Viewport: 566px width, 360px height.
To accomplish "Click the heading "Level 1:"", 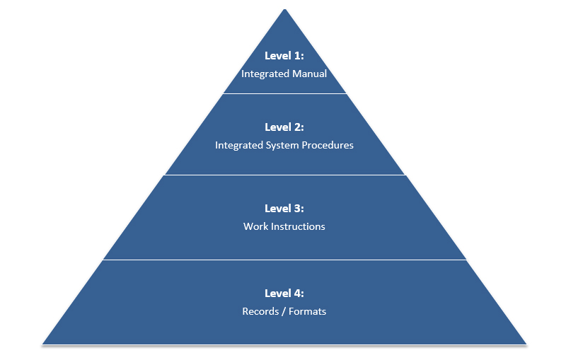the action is click(284, 56).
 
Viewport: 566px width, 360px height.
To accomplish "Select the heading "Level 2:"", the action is click(284, 127).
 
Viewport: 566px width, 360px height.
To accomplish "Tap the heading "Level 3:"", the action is click(284, 208).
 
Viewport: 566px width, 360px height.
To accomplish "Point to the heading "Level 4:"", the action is click(284, 294).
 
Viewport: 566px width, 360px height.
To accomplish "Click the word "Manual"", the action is click(309, 74).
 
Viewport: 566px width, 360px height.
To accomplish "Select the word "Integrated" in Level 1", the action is click(265, 74).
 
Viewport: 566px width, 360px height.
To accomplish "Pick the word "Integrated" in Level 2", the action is click(239, 146).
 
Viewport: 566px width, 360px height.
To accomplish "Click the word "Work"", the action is click(255, 226).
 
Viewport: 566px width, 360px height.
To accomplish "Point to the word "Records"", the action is click(260, 311).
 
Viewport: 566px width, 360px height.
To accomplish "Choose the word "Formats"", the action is click(307, 311).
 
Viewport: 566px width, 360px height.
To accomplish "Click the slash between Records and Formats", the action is click(284, 312).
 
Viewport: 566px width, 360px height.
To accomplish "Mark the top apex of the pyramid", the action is click(285, 9).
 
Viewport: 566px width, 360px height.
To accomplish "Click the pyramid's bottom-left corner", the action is click(42, 344).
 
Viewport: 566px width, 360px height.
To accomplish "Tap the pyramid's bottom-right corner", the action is click(526, 344).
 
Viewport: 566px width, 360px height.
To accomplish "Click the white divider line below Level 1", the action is click(285, 94).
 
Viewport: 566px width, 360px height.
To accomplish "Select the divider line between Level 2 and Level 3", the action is click(285, 175).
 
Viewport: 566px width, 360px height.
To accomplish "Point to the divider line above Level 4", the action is click(285, 260).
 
